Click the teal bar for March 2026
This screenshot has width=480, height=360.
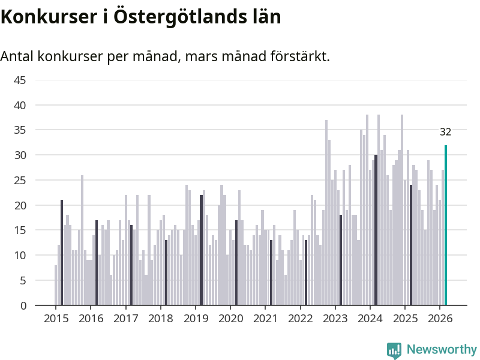click(446, 225)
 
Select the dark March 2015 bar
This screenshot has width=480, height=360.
click(62, 253)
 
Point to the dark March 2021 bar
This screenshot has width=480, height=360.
click(271, 272)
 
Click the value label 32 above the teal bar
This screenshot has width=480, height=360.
click(445, 132)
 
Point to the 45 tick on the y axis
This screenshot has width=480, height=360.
click(20, 80)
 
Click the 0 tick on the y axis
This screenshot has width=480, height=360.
click(23, 305)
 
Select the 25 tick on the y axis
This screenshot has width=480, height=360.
click(20, 180)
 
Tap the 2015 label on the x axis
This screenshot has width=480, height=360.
click(56, 318)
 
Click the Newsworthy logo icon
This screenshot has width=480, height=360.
click(394, 350)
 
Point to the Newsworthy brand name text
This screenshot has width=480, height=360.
click(442, 350)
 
